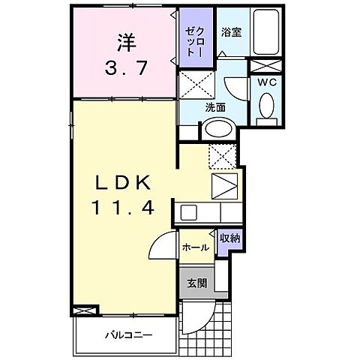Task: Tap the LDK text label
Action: click(x=126, y=182)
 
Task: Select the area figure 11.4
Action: click(x=126, y=209)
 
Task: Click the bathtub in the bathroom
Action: click(x=266, y=33)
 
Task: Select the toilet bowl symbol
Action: click(x=265, y=109)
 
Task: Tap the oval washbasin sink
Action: click(x=217, y=128)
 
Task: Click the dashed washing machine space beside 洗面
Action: click(x=197, y=83)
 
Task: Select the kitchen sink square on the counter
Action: click(x=188, y=211)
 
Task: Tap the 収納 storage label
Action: click(x=229, y=238)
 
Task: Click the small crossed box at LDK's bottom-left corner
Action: click(x=85, y=309)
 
